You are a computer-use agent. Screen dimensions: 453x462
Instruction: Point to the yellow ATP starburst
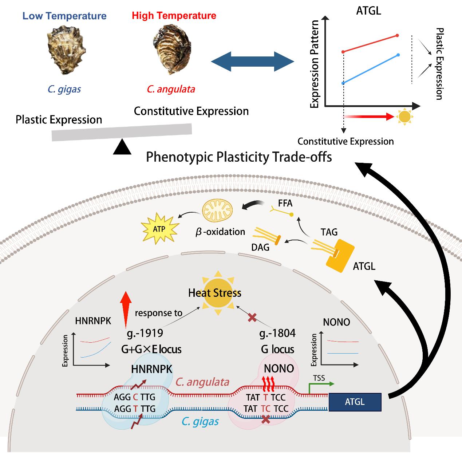pos(159,229)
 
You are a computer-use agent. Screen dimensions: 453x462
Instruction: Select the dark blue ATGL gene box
pos(355,402)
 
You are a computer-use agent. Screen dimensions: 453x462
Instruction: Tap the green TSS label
pos(319,378)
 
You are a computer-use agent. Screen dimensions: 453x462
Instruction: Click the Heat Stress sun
pos(215,293)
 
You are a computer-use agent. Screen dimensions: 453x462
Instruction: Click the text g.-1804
pos(277,333)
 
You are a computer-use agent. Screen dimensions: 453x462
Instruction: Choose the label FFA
pos(285,203)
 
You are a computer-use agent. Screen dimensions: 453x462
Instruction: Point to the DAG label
pos(260,247)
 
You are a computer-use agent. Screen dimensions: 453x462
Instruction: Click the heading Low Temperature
pos(64,16)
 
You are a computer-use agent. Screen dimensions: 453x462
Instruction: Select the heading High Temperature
pos(174,16)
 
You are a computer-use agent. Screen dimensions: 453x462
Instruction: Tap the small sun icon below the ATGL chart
pos(404,117)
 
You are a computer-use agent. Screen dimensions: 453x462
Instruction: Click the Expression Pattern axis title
pos(315,64)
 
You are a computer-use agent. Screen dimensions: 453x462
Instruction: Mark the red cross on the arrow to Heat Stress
pos(252,318)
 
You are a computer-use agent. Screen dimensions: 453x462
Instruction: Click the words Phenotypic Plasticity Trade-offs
pos(239,157)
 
